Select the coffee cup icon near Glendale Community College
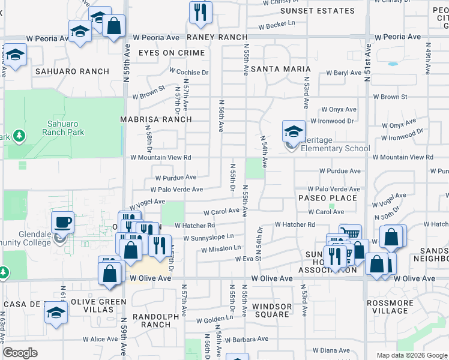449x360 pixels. click(x=62, y=223)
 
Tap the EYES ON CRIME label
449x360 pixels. click(x=172, y=53)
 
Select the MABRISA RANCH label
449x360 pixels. click(x=155, y=119)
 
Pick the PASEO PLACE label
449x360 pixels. click(x=328, y=198)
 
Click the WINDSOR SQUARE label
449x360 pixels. click(x=271, y=310)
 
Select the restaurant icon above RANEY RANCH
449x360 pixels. click(x=200, y=11)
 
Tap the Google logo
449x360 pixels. click(x=20, y=353)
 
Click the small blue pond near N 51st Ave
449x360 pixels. click(x=393, y=64)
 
